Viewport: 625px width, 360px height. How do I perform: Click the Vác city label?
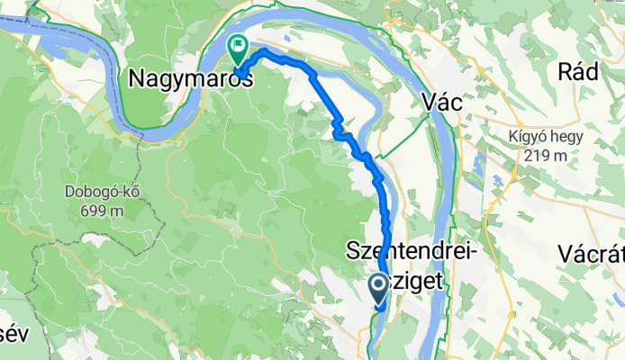click(x=442, y=103)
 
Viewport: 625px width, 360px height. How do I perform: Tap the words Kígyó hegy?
click(x=544, y=138)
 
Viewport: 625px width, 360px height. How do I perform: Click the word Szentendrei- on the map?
click(x=412, y=254)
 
